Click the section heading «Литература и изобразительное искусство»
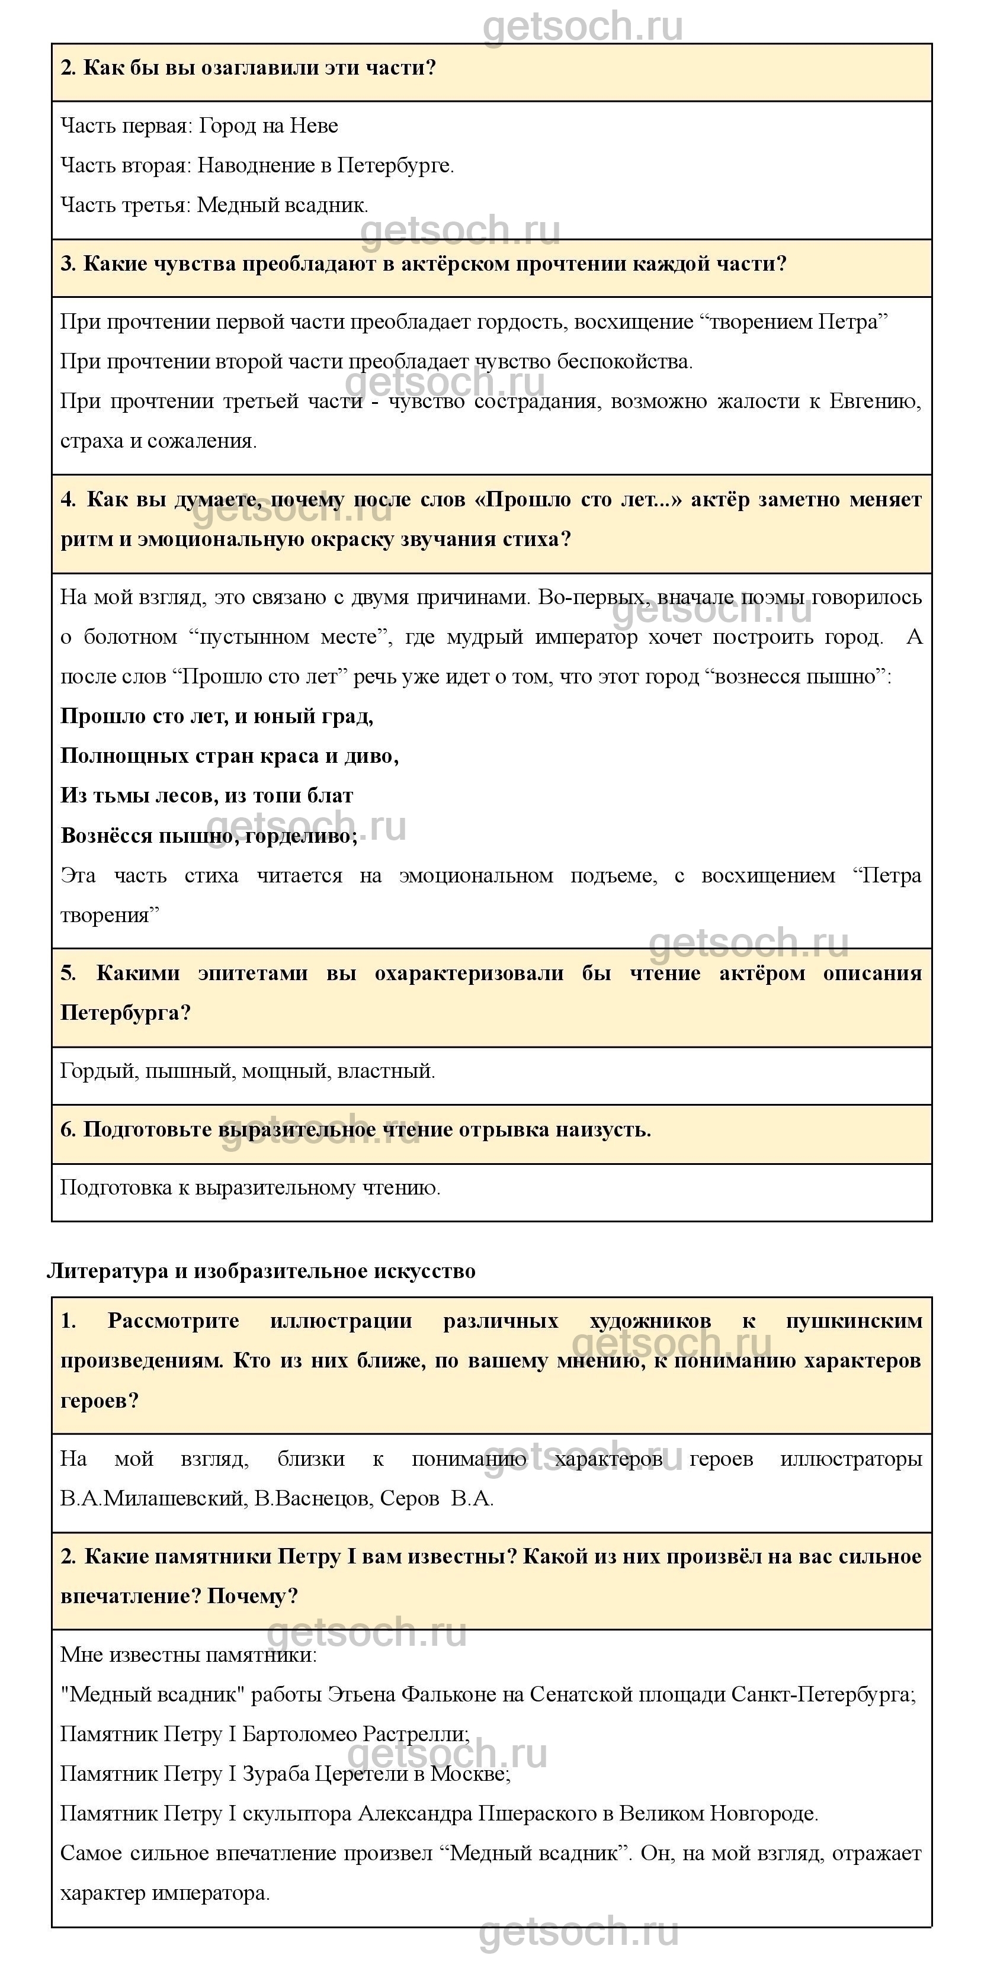[261, 1271]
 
